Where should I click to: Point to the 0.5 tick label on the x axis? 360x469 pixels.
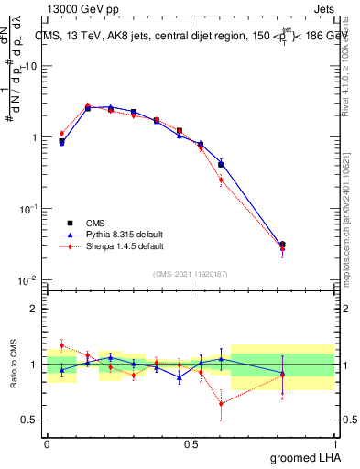[x=191, y=443]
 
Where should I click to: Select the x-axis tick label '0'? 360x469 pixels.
[x=47, y=443]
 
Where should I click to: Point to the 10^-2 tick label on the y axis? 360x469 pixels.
[x=27, y=279]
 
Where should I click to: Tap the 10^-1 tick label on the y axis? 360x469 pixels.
[x=27, y=209]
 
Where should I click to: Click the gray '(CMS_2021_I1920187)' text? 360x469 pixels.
[x=191, y=274]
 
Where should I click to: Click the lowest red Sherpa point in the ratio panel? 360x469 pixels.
[x=221, y=403]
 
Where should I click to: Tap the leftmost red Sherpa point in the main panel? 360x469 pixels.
[x=61, y=134]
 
